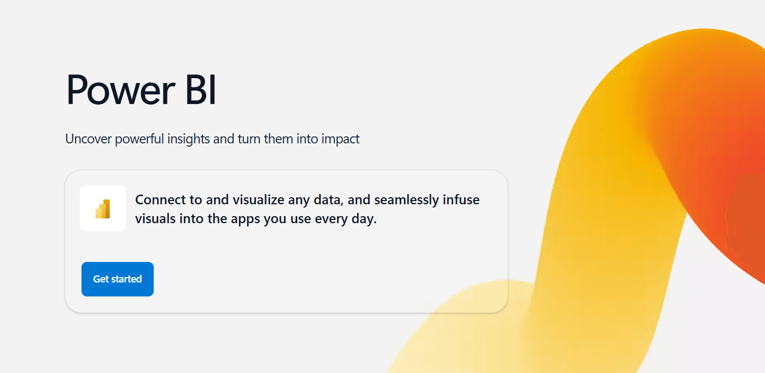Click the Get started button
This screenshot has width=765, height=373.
click(118, 279)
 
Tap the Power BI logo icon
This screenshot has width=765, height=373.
click(103, 209)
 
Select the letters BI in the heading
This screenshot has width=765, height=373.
click(200, 90)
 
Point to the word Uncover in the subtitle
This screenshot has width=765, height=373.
click(88, 139)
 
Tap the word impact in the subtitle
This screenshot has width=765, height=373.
click(340, 139)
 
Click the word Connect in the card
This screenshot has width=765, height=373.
click(160, 200)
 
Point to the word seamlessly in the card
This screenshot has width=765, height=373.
click(406, 200)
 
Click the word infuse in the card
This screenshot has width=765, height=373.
click(461, 200)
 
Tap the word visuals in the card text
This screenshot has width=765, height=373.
click(154, 220)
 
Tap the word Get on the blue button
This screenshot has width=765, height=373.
click(101, 279)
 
